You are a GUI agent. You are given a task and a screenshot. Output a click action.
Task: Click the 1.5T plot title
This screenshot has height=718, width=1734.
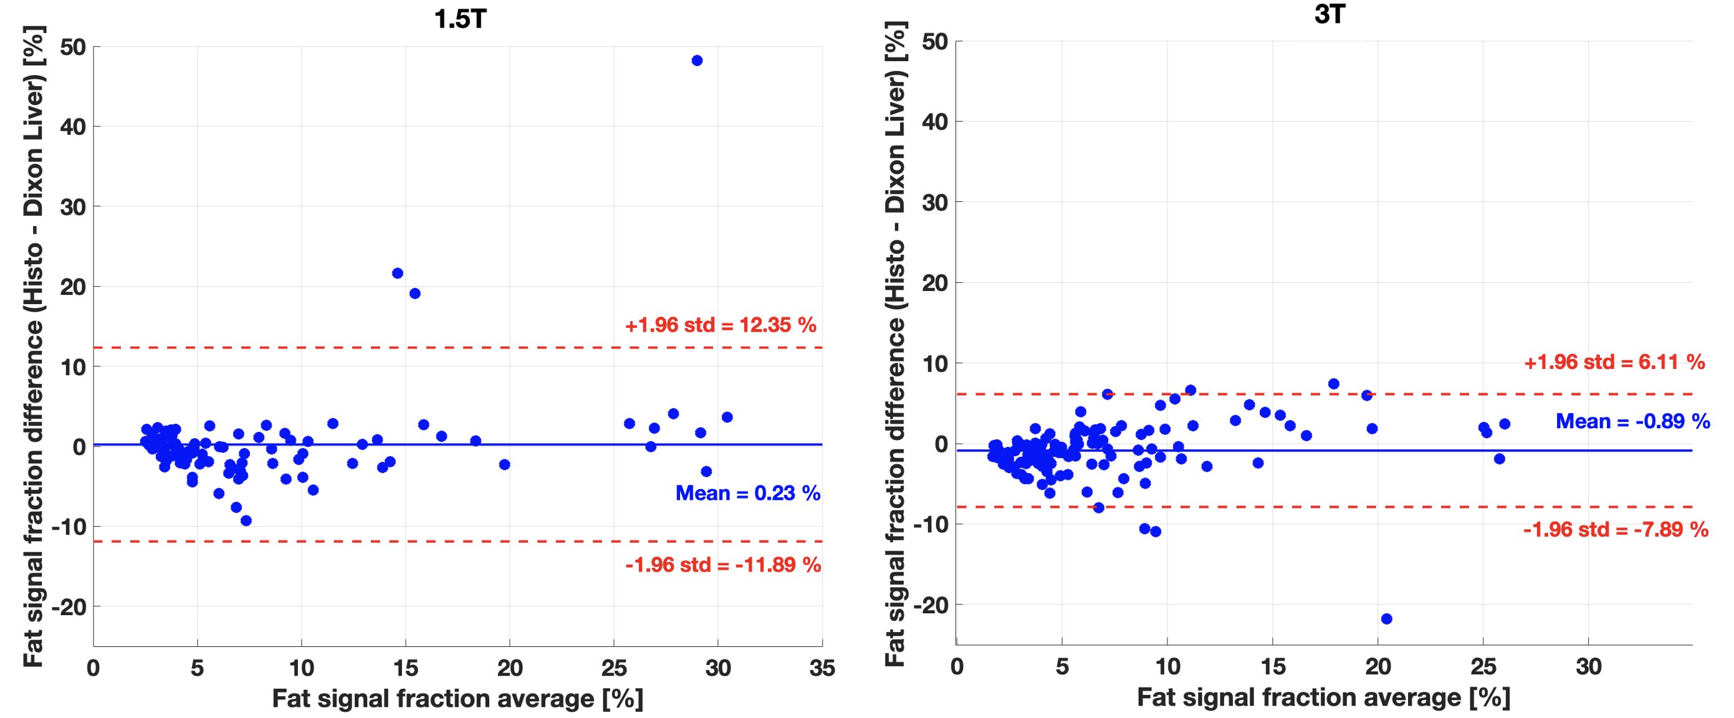pyautogui.click(x=460, y=19)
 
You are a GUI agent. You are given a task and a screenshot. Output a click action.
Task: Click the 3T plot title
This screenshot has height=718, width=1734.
pyautogui.click(x=1329, y=15)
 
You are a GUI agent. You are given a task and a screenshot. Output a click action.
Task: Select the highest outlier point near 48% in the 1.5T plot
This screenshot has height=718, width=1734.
pyautogui.click(x=697, y=60)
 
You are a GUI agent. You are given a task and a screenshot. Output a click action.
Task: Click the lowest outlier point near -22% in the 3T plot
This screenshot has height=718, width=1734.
pyautogui.click(x=1386, y=618)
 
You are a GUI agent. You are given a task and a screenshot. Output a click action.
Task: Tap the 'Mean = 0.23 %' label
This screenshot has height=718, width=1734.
pyautogui.click(x=747, y=493)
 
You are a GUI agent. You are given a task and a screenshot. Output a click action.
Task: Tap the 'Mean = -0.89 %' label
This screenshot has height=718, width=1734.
pyautogui.click(x=1632, y=421)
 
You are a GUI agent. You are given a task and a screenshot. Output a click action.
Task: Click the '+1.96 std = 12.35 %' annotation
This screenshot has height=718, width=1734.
pyautogui.click(x=721, y=325)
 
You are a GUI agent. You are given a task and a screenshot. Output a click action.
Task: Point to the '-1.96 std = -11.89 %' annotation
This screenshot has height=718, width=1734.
pyautogui.click(x=722, y=565)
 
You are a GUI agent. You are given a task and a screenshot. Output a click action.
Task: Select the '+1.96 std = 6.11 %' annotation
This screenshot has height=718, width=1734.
pyautogui.click(x=1614, y=362)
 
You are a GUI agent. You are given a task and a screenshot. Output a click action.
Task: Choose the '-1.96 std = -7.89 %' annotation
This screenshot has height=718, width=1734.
pyautogui.click(x=1616, y=530)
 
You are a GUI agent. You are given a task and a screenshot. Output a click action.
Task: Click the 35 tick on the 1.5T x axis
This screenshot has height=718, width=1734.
pyautogui.click(x=822, y=668)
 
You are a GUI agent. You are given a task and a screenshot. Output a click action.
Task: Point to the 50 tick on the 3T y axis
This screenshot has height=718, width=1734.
pyautogui.click(x=934, y=42)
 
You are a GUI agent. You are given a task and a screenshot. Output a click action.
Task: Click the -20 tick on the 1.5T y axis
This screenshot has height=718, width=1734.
pyautogui.click(x=69, y=607)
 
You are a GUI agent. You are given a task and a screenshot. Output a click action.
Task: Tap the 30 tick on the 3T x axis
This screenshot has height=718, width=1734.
pyautogui.click(x=1588, y=667)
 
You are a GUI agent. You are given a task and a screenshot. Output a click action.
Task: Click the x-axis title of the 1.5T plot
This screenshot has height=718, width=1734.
pyautogui.click(x=457, y=699)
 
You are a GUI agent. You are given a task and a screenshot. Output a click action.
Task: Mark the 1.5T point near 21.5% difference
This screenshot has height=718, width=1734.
pyautogui.click(x=397, y=273)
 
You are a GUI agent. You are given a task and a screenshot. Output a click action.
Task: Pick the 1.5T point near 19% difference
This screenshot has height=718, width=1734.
pyautogui.click(x=414, y=294)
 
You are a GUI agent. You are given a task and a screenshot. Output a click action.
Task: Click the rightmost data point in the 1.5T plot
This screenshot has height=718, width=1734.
pyautogui.click(x=726, y=417)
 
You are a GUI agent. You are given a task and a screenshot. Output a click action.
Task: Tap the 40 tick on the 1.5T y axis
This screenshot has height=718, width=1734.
pyautogui.click(x=73, y=127)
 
